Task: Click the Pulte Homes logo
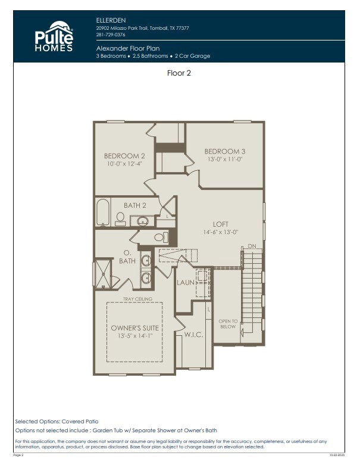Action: (54, 37)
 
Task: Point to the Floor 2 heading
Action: (179, 73)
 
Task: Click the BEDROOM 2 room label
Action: (124, 156)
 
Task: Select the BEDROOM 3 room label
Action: (224, 151)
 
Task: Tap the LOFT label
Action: (221, 224)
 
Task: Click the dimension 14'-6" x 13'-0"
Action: (221, 232)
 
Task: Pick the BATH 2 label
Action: (135, 205)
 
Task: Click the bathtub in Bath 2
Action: (103, 212)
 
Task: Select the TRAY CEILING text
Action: (137, 299)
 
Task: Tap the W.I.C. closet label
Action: (194, 335)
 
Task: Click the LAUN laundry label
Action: (185, 282)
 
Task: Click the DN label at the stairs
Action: (252, 245)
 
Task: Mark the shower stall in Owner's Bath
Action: (103, 274)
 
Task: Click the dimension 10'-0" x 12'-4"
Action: (124, 164)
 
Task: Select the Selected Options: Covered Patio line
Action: (57, 421)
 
